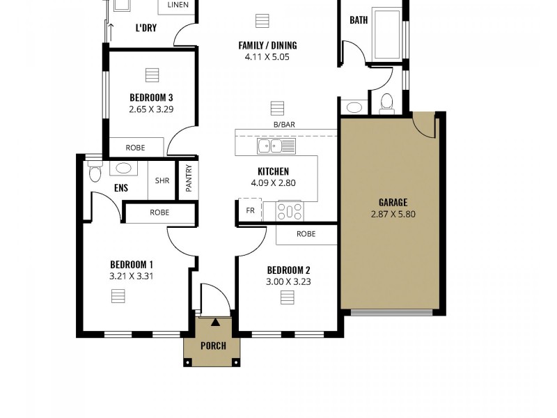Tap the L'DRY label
[x=146, y=29]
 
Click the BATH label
[x=359, y=20]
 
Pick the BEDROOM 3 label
[x=151, y=98]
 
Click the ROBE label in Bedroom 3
[x=135, y=148]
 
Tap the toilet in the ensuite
[x=95, y=172]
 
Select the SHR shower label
[x=162, y=180]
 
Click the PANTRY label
[x=189, y=178]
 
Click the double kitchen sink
[x=276, y=146]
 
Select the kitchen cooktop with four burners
[x=289, y=211]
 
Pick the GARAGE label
[x=393, y=203]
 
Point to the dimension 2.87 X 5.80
[x=393, y=215]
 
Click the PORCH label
[x=214, y=346]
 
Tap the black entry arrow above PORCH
[x=214, y=323]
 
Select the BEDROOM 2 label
[x=288, y=270]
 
